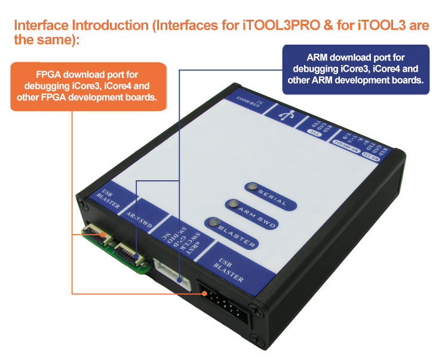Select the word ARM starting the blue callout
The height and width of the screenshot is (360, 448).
click(320, 58)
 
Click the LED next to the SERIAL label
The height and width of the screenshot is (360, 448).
click(252, 187)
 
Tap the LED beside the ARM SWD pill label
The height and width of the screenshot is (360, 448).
click(232, 204)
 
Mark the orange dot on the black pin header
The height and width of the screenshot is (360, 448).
click(205, 294)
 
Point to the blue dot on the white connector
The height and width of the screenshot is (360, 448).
click(180, 278)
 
